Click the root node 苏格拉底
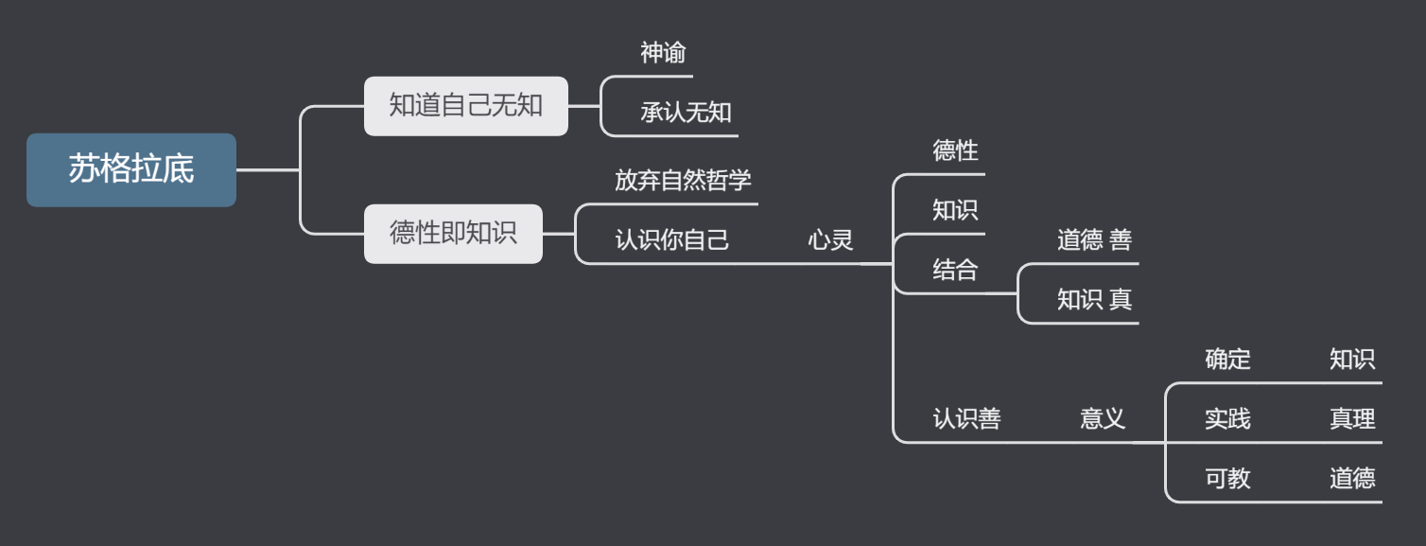(x=131, y=170)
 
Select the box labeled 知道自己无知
(x=465, y=106)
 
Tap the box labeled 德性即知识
(x=454, y=234)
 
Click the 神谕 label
(x=663, y=54)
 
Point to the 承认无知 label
(x=686, y=114)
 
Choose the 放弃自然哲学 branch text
(x=683, y=181)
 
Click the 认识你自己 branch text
(x=671, y=240)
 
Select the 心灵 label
(x=829, y=240)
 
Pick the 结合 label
(x=955, y=270)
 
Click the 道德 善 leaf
(x=1094, y=240)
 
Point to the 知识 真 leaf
(x=1094, y=300)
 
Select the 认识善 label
(x=966, y=418)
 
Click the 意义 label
(x=1103, y=418)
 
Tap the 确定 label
(x=1227, y=360)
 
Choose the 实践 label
(x=1227, y=418)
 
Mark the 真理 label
(x=1352, y=418)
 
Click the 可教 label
(x=1227, y=479)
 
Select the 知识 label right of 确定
(x=1352, y=360)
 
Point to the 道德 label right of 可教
(x=1352, y=479)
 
